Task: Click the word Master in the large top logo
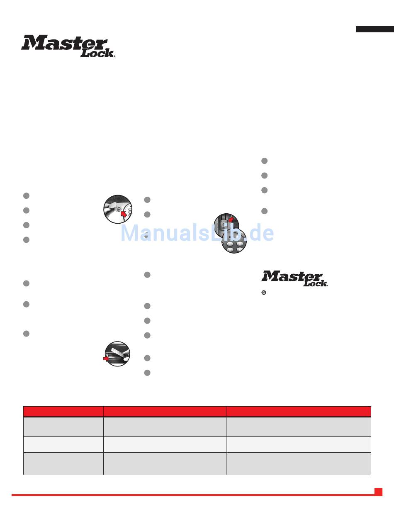tap(64, 43)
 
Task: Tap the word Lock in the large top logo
tap(97, 53)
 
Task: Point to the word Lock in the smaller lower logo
tap(316, 283)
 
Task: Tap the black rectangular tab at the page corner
tap(375, 29)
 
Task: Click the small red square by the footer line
tap(378, 492)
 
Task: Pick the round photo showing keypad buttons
tap(234, 241)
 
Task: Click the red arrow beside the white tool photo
tap(107, 359)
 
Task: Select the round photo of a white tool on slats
tap(118, 354)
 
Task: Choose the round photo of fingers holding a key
tap(117, 209)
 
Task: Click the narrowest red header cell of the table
tap(63, 411)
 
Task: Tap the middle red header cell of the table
tap(164, 411)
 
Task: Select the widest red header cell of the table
tap(298, 411)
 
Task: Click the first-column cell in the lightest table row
tap(63, 444)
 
